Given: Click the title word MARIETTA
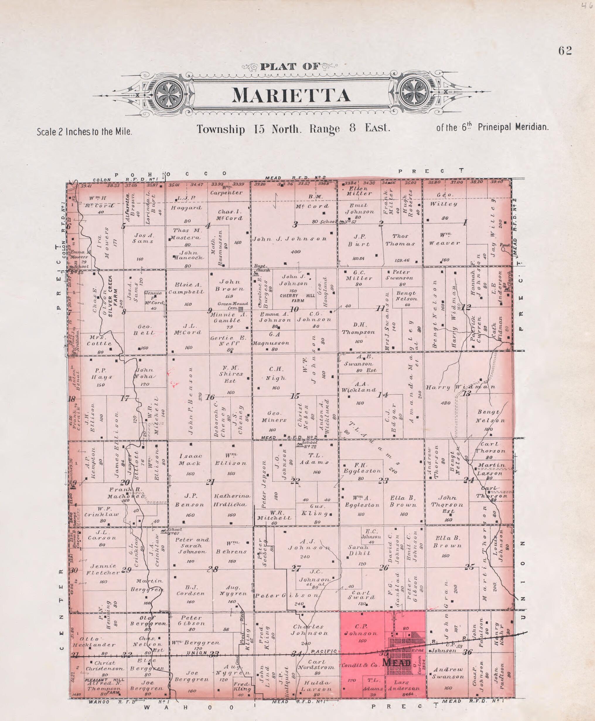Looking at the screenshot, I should click(x=291, y=96).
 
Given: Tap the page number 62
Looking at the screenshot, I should click(x=565, y=51).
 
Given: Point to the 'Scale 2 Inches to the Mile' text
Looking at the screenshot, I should click(x=84, y=132).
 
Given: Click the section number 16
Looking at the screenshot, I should click(x=210, y=397).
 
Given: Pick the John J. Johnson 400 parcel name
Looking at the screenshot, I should click(x=290, y=239).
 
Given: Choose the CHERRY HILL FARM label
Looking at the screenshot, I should click(x=297, y=298).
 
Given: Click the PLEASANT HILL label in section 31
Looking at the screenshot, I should click(x=105, y=680).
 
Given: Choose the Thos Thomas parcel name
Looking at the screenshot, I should click(x=400, y=240).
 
